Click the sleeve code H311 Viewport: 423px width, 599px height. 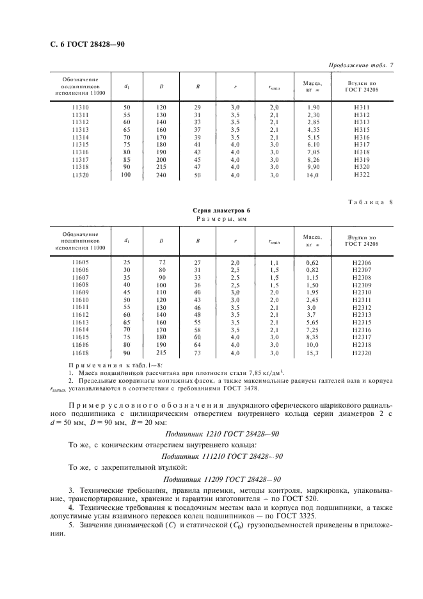[x=361, y=107]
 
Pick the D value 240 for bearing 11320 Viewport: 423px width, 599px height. [x=161, y=175]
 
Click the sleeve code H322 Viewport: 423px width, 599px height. [x=361, y=175]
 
